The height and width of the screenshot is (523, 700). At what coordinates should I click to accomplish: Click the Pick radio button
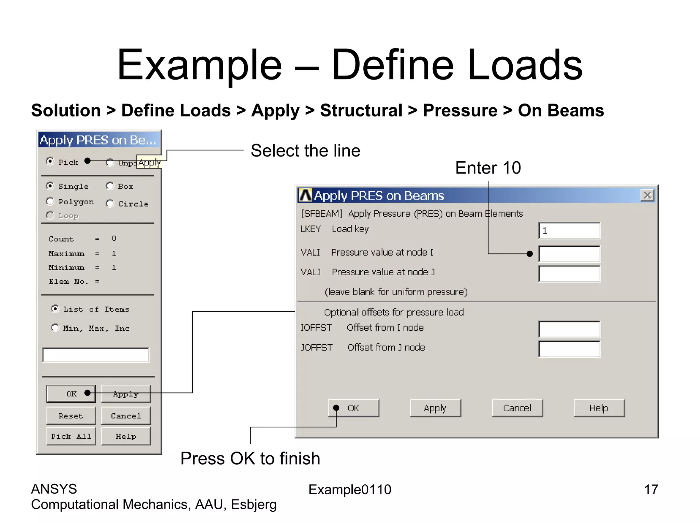point(50,161)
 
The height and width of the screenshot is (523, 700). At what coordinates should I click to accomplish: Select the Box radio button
point(110,186)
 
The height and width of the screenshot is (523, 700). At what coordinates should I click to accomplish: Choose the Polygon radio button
point(50,202)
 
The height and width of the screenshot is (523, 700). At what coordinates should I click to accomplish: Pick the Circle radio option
point(110,204)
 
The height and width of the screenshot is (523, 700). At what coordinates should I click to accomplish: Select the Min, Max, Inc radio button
point(55,328)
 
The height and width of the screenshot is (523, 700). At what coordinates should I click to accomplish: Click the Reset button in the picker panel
point(71,416)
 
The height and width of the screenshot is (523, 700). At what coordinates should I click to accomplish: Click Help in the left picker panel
point(126,436)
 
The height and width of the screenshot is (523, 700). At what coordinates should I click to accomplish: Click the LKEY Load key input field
point(569,231)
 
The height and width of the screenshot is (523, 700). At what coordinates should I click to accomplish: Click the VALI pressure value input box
point(569,254)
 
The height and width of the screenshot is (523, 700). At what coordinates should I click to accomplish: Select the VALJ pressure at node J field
point(569,274)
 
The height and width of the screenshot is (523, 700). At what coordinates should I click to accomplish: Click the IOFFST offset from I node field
point(569,329)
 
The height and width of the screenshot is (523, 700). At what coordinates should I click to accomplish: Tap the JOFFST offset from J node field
point(569,349)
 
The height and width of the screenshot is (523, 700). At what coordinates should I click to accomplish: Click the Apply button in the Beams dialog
point(435,408)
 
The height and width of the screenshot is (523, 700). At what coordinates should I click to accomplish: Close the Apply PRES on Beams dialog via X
point(647,195)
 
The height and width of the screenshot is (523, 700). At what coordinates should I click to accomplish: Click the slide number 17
point(651,490)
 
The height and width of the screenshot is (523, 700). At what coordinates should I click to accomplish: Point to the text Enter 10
point(488,168)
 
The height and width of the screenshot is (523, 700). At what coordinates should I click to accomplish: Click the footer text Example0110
point(350,490)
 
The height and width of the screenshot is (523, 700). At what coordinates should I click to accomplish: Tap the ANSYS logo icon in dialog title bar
point(305,195)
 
